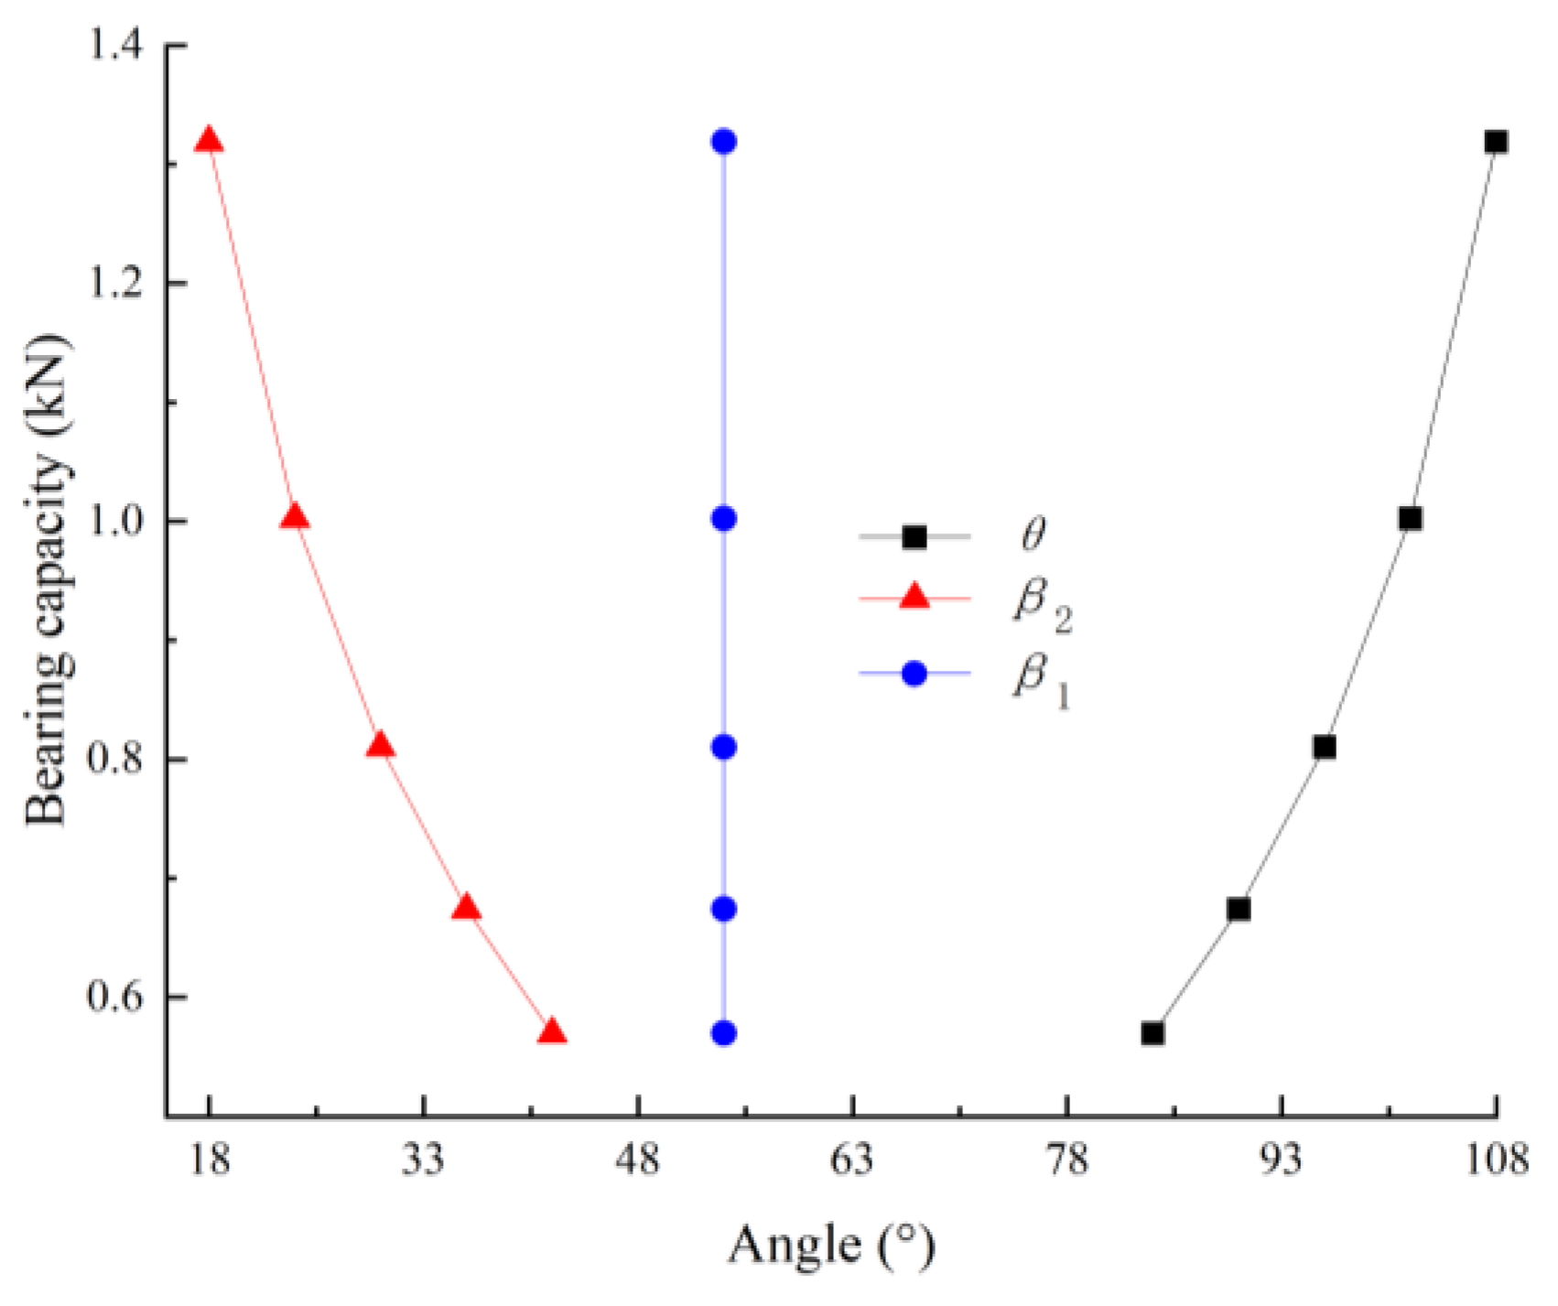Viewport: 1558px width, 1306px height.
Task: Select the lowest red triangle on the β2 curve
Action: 552,1032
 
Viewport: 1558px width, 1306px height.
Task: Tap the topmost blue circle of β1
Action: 724,142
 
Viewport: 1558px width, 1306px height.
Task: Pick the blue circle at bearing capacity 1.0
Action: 724,519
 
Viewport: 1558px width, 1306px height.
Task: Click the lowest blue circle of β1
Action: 724,1033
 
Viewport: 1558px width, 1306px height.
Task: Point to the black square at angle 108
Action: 1496,142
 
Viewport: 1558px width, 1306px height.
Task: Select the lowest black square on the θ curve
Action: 1152,1033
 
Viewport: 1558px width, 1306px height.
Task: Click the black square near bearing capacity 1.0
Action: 1411,519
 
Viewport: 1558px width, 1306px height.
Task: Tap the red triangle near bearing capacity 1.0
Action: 295,517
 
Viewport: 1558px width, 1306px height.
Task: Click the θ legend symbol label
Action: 1033,535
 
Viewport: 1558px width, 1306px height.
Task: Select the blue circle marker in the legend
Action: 914,675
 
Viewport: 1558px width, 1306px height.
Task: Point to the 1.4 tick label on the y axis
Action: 116,46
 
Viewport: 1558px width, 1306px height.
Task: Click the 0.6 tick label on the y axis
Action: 116,997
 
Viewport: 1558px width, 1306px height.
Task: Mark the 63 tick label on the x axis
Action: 853,1160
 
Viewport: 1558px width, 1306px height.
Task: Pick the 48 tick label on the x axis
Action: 638,1160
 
